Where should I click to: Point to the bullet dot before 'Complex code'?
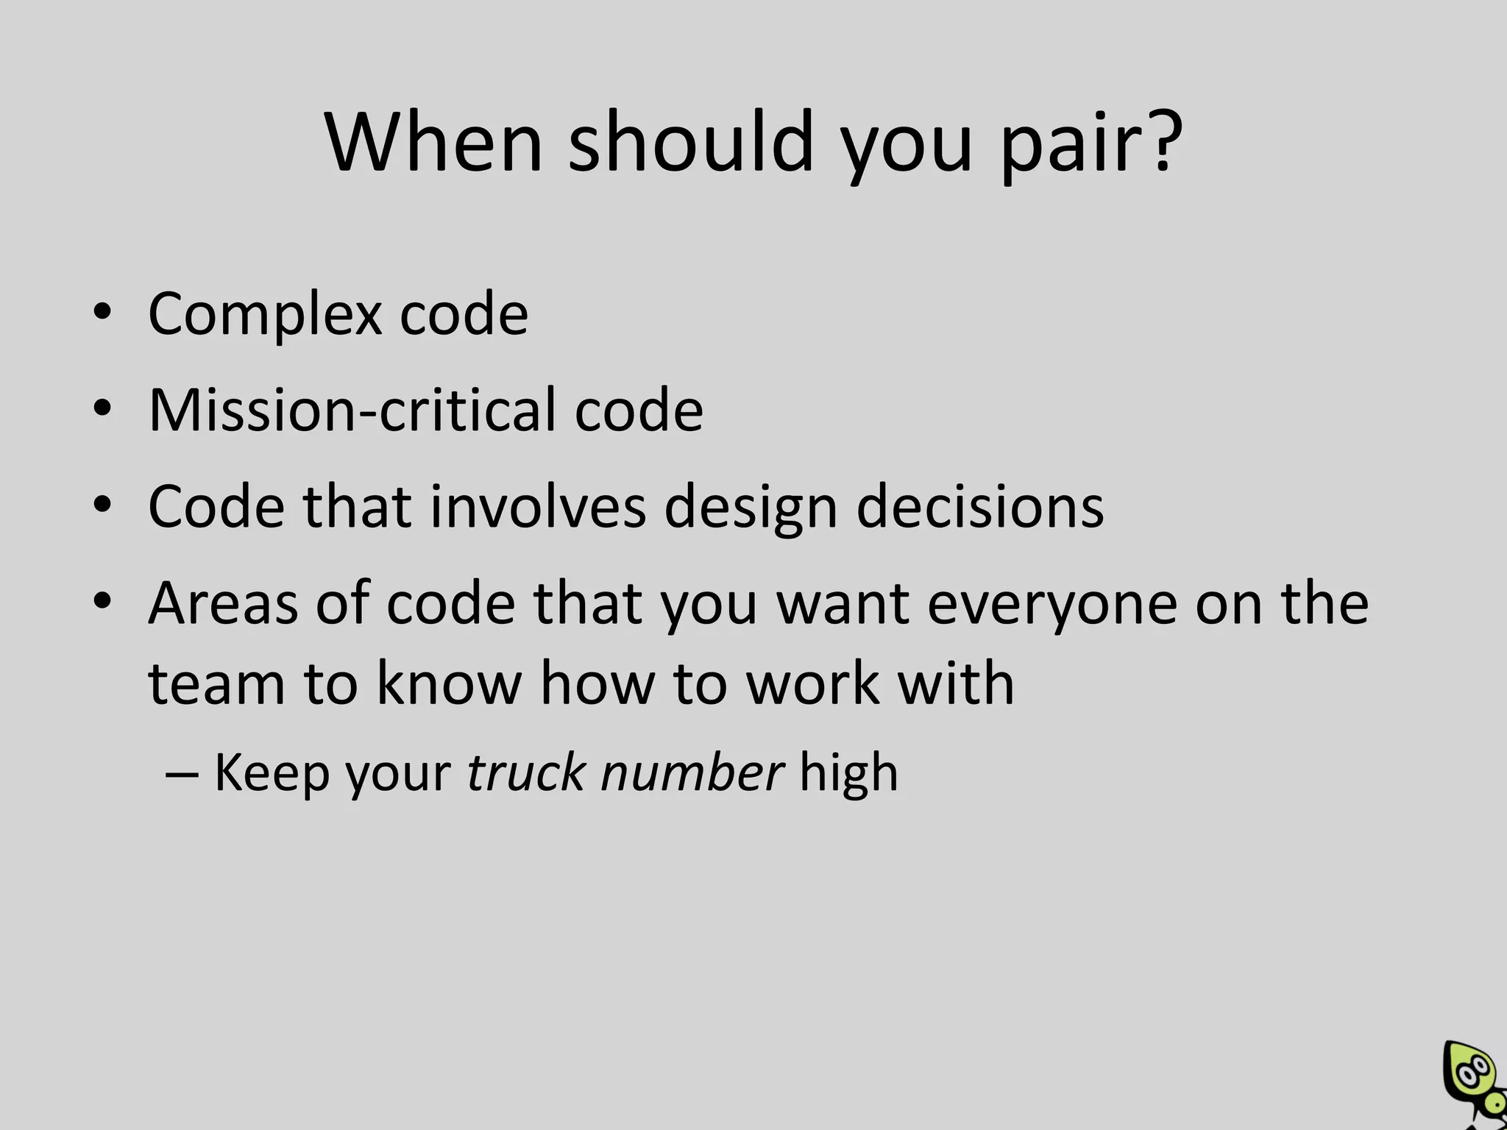[x=102, y=312]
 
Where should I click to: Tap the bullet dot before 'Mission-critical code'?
[x=102, y=408]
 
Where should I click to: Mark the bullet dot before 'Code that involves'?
[x=102, y=505]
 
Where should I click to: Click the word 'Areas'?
[x=223, y=603]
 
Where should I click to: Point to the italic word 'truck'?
[x=525, y=772]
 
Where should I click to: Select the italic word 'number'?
[x=692, y=772]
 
